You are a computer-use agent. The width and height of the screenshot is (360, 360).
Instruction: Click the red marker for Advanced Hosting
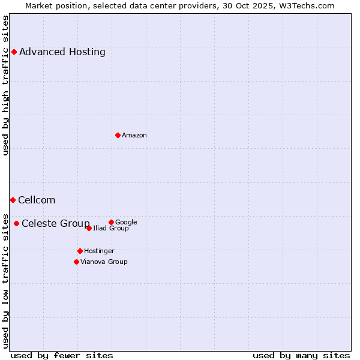14,52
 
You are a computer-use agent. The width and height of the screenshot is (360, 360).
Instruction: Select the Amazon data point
118,135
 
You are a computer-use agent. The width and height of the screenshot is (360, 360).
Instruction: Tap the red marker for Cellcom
13,200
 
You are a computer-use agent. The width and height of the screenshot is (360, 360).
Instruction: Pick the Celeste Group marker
16,224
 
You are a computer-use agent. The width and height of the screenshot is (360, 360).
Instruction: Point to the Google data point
111,222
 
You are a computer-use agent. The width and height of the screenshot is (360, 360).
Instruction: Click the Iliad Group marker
89,228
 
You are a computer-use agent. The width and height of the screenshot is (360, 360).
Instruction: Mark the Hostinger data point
80,251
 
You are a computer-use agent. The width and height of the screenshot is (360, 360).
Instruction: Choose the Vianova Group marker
76,262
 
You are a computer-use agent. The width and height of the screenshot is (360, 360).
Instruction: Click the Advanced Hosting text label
62,52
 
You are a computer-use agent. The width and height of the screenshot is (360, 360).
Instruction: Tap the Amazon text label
134,136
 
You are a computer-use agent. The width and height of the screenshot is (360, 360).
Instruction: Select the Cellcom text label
37,200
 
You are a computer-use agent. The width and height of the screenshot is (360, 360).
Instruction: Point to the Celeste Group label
56,224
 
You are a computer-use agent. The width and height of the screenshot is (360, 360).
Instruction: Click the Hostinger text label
99,251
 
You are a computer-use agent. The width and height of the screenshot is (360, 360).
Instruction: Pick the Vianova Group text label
104,262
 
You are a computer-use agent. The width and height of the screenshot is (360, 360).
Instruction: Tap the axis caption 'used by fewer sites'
62,355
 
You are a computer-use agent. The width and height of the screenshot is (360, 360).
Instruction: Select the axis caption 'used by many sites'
301,355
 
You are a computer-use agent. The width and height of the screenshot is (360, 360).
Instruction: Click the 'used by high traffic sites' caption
6,85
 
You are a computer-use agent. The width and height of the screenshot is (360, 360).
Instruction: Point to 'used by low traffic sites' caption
6,280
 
